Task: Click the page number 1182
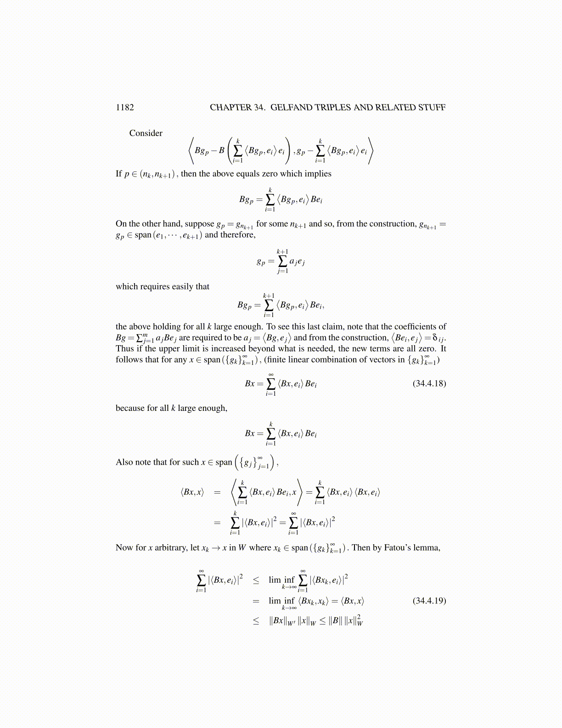pos(125,108)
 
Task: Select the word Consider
pos(146,133)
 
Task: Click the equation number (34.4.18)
pos(429,383)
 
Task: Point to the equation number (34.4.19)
pos(429,601)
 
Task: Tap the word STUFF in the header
pos(432,108)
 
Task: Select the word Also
pos(124,462)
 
